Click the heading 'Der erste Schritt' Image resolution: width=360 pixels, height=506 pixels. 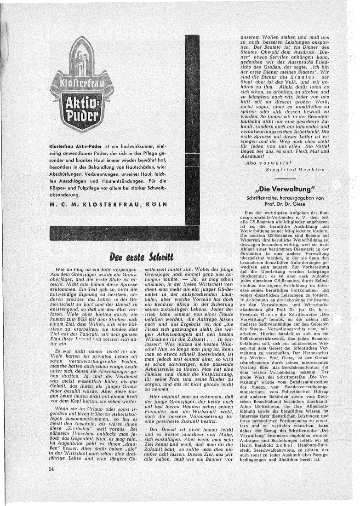tap(142, 256)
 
